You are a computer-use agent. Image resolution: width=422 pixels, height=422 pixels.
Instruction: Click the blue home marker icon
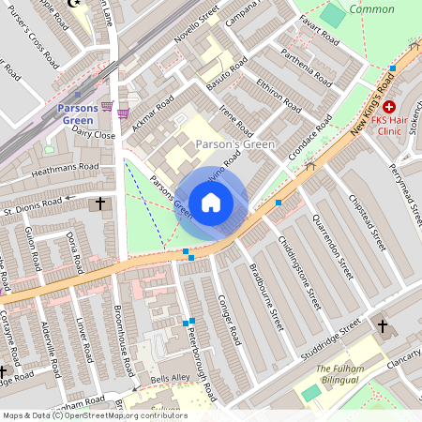coord(211,203)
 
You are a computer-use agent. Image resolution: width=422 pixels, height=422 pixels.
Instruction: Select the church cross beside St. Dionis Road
coord(100,203)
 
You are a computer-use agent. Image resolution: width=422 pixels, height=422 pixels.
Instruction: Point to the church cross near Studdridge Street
coord(382,325)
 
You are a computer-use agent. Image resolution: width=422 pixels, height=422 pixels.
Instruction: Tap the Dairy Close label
coord(93,136)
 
